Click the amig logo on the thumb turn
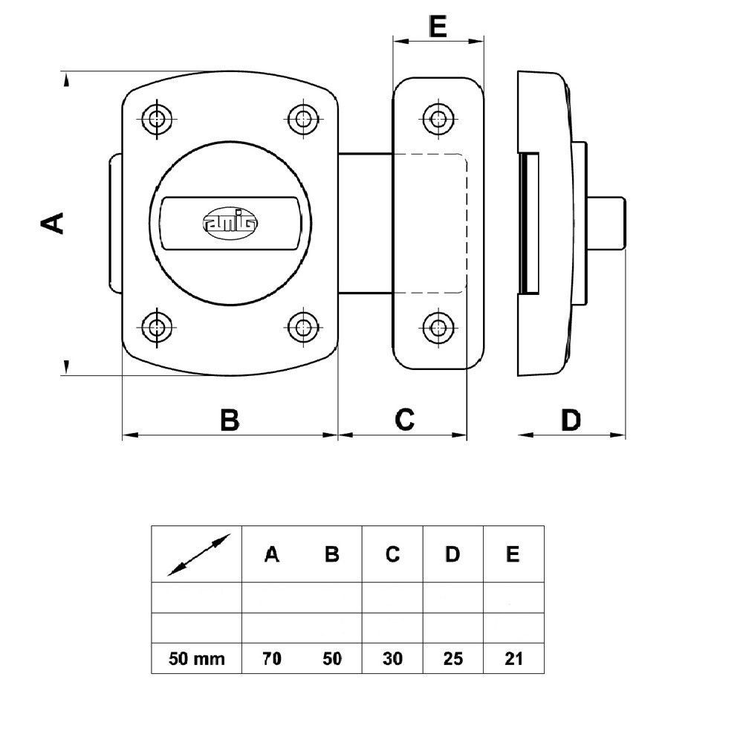[x=230, y=221]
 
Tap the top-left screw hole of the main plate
[x=157, y=118]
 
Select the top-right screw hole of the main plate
[x=303, y=118]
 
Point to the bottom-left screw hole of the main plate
[x=157, y=327]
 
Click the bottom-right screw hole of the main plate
[x=303, y=327]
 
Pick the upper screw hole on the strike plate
[x=438, y=118]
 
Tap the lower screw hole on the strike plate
[x=438, y=327]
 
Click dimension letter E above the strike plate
[x=438, y=27]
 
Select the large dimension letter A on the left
[x=52, y=223]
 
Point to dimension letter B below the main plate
[x=230, y=420]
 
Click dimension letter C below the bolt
[x=405, y=420]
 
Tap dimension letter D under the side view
[x=571, y=420]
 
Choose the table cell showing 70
[x=272, y=658]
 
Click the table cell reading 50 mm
[x=197, y=658]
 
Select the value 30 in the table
[x=392, y=658]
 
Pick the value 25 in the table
[x=453, y=658]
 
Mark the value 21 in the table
[x=513, y=658]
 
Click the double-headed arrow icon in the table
[x=199, y=555]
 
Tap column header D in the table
[x=452, y=554]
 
